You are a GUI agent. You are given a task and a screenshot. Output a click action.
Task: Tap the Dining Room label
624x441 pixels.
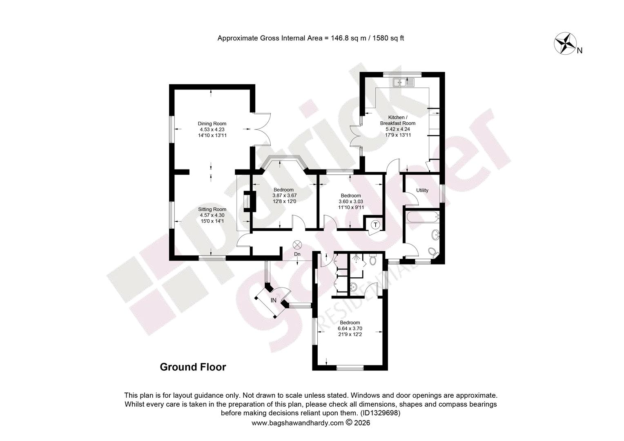coord(212,124)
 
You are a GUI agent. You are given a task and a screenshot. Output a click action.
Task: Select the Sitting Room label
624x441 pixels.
coord(212,209)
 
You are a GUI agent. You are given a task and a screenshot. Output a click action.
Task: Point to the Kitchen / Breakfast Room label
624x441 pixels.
coord(397,120)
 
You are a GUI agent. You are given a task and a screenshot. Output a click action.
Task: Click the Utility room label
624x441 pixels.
coord(422,190)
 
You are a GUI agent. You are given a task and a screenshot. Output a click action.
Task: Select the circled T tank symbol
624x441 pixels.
coord(376,225)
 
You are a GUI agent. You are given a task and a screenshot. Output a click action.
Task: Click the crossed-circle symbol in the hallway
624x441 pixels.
coord(297,245)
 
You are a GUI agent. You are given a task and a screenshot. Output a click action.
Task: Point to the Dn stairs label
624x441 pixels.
coord(297,254)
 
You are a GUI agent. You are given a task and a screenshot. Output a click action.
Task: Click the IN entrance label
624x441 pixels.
coord(274,300)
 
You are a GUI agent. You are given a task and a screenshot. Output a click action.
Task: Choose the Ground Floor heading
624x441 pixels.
coord(193,367)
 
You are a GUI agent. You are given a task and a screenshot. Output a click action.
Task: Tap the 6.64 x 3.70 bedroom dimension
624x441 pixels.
coord(350,328)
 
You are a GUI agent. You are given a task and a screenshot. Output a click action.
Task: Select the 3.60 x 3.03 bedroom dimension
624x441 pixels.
coord(351,201)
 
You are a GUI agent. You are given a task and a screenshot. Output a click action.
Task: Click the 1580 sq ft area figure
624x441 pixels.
coord(388,38)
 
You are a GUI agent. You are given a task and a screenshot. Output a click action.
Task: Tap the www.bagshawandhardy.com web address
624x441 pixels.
coord(298,423)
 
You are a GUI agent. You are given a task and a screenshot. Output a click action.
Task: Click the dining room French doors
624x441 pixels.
coord(262,129)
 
